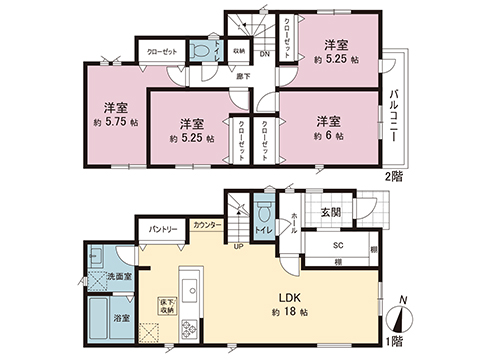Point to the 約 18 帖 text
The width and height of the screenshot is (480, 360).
(285, 314)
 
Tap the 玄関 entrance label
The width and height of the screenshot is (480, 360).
(330, 212)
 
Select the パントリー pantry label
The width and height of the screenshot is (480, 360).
(164, 229)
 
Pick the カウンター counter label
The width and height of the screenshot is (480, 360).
(208, 225)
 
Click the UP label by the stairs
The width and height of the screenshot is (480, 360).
(237, 247)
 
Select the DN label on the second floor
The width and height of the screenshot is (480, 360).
(263, 56)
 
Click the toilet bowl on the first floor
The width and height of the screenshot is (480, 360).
(262, 215)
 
